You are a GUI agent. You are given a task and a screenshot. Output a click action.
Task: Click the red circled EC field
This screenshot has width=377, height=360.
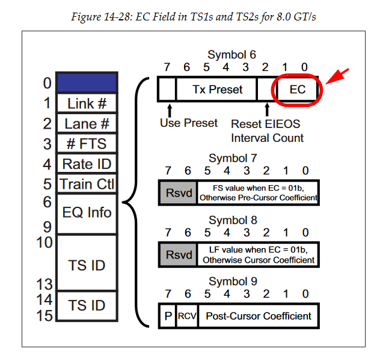(x=298, y=90)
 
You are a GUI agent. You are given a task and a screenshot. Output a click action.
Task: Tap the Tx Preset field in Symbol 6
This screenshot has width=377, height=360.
(x=217, y=90)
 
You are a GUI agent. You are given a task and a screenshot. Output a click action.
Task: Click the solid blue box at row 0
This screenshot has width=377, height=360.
(x=86, y=82)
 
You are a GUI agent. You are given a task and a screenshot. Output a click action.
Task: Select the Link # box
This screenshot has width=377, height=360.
(x=86, y=103)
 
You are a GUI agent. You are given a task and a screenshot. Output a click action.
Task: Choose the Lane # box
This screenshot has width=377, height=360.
(x=86, y=124)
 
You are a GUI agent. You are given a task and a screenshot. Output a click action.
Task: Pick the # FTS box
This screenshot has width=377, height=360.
(x=86, y=144)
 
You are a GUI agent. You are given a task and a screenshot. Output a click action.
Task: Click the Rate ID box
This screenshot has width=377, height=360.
(x=86, y=163)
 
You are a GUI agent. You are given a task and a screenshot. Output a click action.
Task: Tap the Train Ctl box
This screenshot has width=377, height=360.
(x=86, y=183)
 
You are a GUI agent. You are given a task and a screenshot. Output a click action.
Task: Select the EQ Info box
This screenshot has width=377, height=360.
(x=86, y=213)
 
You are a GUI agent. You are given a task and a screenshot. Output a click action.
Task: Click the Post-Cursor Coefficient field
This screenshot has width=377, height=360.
(x=259, y=316)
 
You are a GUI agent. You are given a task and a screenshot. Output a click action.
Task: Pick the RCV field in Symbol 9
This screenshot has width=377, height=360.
(x=186, y=316)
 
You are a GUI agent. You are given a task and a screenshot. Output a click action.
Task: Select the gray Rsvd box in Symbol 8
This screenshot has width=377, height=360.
(x=177, y=254)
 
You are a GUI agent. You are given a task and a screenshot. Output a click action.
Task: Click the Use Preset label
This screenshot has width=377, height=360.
(x=189, y=123)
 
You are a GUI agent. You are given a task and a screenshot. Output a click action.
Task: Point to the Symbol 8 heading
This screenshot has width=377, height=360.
(x=233, y=220)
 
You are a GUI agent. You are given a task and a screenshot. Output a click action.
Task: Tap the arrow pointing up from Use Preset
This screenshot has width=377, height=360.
(x=170, y=109)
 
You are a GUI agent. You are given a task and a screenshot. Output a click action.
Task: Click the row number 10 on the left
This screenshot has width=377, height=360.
(x=45, y=243)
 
